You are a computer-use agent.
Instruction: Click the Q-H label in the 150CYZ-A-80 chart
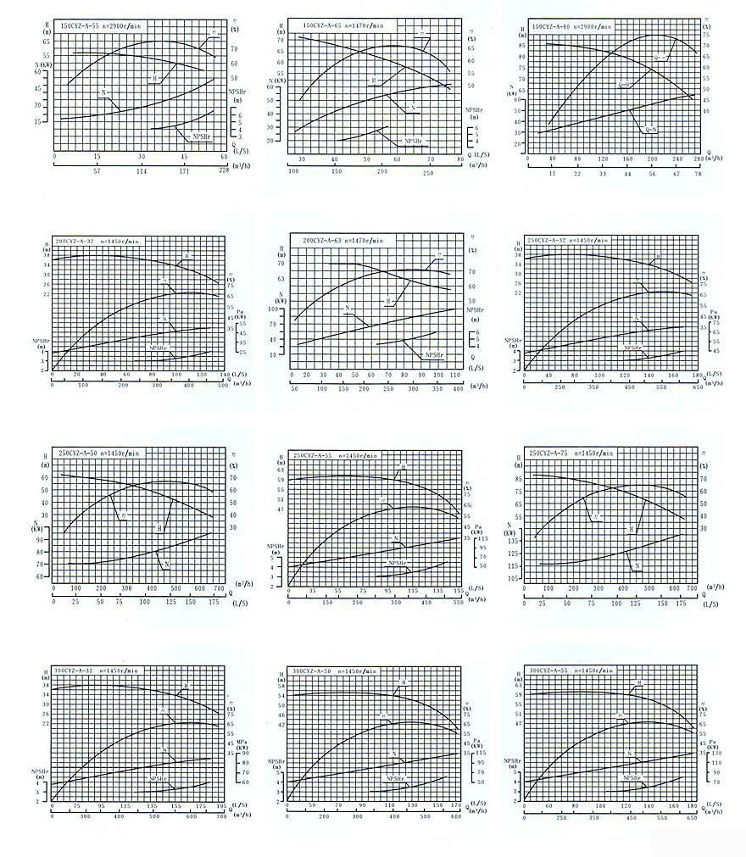point(624,85)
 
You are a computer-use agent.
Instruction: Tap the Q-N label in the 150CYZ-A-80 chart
point(651,130)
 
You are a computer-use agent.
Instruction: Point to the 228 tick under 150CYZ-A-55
point(225,170)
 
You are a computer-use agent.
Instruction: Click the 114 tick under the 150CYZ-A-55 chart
point(141,170)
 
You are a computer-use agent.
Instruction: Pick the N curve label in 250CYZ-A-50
point(167,564)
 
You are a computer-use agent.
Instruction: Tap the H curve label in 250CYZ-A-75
point(631,528)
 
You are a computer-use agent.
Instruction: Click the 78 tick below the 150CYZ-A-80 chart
point(699,174)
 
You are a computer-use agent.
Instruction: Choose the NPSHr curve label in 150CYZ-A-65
point(413,141)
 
